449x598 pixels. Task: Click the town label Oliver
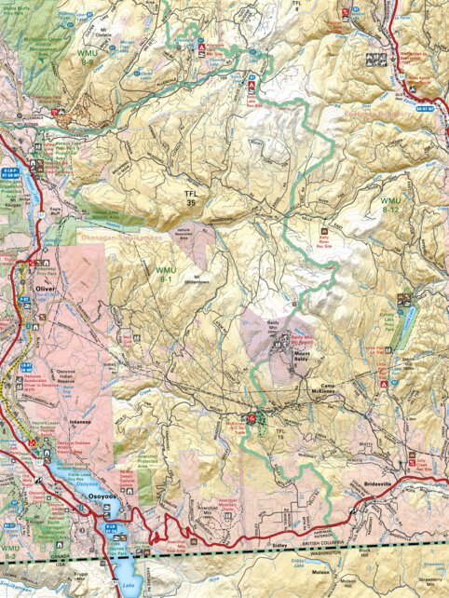(x=47, y=288)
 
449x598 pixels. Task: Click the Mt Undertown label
(x=197, y=281)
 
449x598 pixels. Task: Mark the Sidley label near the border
(x=306, y=539)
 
